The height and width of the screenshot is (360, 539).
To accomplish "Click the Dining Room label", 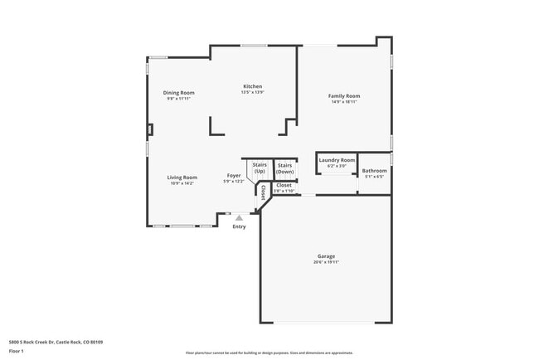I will pos(178,92).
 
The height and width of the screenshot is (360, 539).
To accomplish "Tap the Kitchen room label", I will pos(252,86).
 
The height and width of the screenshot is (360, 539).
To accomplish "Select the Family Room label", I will pos(345,96).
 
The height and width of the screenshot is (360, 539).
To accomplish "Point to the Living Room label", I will pos(182,177).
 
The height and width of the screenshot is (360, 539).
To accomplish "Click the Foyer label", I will pos(234,176).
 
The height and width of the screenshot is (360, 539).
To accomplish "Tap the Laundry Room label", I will pos(337,159).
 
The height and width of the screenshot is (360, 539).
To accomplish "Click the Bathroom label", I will pos(375,171).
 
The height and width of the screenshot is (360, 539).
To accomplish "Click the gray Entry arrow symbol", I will pos(239,217).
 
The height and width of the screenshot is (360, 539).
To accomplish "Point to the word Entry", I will pos(239,226).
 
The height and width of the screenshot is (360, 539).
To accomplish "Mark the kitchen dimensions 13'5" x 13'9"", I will pos(252,92).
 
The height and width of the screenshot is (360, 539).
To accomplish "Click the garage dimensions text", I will pos(326,262).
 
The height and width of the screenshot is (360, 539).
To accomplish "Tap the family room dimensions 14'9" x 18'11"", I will pos(345,102).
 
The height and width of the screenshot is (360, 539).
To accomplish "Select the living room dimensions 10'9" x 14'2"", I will pos(182,182).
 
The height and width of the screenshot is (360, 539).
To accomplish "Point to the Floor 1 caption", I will pos(16,351).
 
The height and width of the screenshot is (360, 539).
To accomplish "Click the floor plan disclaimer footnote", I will pos(269,353).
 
